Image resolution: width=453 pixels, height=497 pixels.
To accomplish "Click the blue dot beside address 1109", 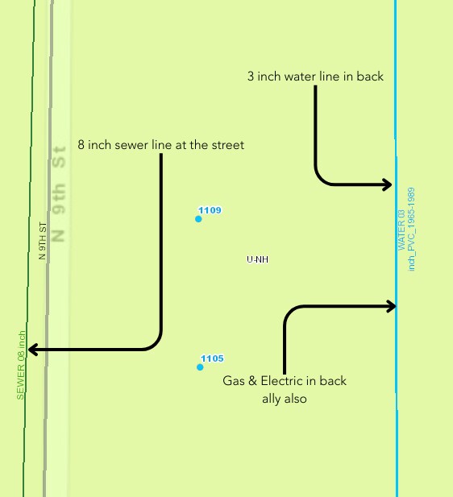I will [198, 218].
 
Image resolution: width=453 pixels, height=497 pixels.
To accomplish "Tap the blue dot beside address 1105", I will [200, 367].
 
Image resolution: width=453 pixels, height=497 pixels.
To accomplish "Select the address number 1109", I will [210, 210].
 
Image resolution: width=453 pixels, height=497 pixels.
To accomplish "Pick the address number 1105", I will [211, 358].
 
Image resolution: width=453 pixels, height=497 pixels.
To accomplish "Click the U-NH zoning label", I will [257, 259].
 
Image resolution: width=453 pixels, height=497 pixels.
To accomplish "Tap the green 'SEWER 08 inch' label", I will [22, 365].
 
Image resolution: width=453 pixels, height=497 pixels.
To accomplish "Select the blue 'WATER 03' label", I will [401, 230].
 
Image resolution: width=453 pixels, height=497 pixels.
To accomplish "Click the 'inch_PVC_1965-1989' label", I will [411, 230].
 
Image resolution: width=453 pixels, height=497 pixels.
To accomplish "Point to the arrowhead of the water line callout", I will [388, 185].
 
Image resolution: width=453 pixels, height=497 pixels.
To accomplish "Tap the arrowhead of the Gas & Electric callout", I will [391, 306].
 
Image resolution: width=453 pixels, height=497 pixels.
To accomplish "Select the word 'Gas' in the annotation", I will [234, 380].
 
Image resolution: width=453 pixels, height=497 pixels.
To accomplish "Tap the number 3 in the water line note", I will [251, 77].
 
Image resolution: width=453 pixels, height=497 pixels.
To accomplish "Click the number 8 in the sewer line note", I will [81, 145].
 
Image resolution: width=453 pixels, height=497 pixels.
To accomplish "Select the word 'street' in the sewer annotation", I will [226, 145].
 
